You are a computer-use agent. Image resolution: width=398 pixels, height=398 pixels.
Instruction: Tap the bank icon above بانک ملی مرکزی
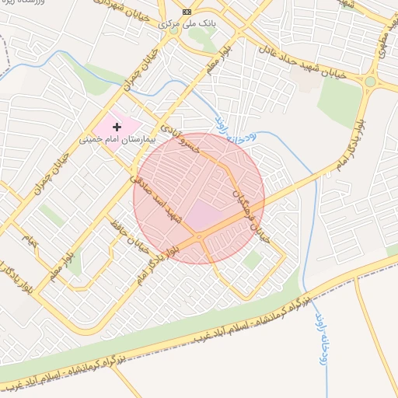coord(186,12)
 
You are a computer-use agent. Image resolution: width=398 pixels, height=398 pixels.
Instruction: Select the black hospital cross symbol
coord(117,126)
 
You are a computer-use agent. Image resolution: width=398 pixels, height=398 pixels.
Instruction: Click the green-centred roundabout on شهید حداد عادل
coord(371,81)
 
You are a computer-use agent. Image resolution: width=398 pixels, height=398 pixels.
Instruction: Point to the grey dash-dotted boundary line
coord(4,70)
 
